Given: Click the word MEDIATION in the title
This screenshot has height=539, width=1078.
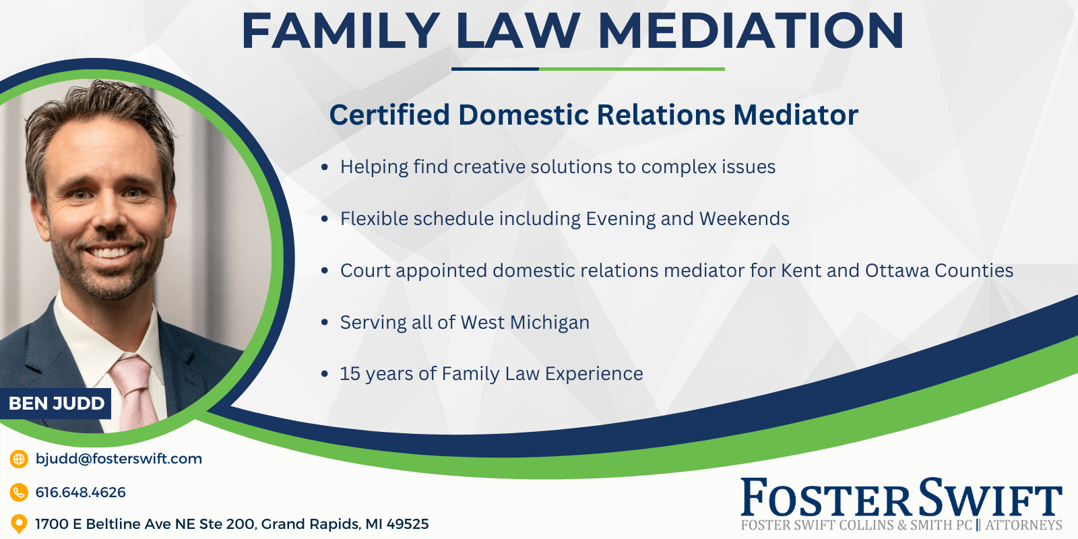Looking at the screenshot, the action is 751,31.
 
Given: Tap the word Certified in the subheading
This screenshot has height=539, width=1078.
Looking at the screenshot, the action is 389,115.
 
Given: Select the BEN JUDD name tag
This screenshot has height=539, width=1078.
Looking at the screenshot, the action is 56,404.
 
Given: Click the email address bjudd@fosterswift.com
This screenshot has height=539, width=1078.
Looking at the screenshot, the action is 119,459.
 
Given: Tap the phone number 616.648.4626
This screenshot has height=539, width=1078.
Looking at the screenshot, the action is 80,493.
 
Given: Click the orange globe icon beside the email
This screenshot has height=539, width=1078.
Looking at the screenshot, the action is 19,459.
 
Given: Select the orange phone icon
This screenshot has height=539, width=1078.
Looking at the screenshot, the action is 19,493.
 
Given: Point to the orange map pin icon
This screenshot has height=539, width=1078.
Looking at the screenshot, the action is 19,524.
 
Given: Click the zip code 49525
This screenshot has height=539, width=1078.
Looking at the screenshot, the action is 408,524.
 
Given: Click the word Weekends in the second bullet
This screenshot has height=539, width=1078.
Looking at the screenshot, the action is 744,218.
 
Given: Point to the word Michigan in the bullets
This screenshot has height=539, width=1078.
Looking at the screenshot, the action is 550,323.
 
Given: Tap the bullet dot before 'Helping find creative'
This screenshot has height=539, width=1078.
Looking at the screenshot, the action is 324,167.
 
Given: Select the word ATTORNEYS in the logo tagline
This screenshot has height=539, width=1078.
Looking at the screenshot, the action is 1024,525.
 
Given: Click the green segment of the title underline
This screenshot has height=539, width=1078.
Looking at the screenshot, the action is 632,69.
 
